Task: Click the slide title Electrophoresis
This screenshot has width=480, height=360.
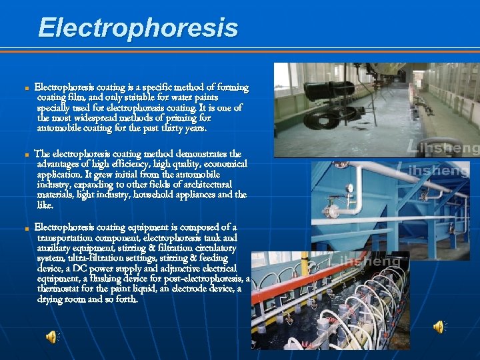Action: click(138, 28)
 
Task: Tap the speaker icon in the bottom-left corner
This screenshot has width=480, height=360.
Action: click(51, 337)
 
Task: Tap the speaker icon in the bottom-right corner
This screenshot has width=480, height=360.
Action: click(439, 327)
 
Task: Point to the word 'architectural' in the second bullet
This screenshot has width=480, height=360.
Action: click(204, 184)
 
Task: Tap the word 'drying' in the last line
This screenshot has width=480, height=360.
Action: click(51, 299)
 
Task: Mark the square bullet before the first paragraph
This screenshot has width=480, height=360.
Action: click(25, 88)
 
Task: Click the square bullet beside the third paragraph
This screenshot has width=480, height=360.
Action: click(25, 228)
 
